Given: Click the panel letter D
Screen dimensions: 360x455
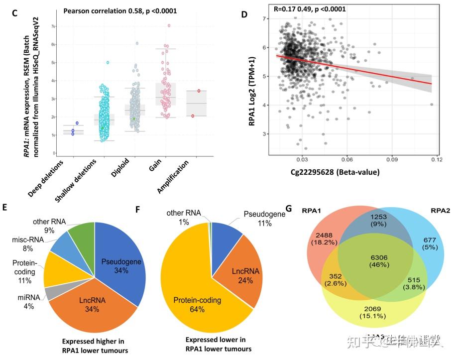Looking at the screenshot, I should point(244,14).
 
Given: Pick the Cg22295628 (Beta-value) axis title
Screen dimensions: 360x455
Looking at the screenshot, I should point(338,172).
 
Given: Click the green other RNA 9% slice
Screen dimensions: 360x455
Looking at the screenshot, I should point(82,239).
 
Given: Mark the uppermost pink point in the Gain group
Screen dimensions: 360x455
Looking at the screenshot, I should point(169,25).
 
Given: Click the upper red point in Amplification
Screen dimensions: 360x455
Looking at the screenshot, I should point(199,91).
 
